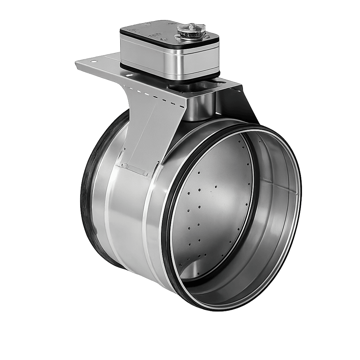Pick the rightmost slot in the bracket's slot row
(x=182, y=105)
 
